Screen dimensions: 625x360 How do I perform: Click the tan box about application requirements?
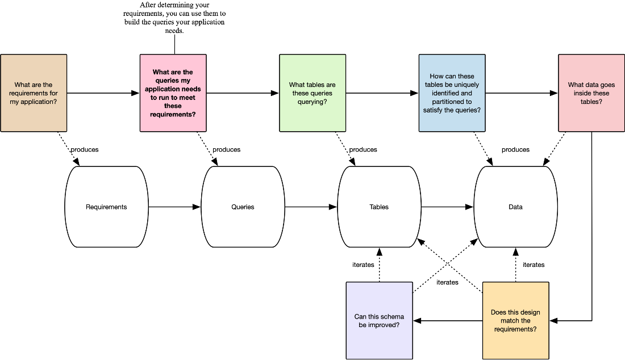click(34, 93)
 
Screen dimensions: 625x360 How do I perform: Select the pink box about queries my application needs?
click(173, 93)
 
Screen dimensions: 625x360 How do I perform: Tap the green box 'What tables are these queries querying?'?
click(312, 93)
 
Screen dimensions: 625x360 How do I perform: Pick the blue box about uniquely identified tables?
click(452, 93)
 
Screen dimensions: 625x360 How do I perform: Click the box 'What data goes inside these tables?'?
click(591, 93)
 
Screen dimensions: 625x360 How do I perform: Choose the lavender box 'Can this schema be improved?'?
click(380, 321)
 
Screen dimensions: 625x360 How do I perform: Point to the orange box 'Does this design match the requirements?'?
click(516, 321)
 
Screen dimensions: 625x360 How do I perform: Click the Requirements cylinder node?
click(106, 207)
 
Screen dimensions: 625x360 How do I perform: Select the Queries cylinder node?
click(243, 207)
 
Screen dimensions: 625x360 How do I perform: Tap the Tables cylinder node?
click(379, 207)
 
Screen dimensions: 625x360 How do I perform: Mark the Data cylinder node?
click(515, 207)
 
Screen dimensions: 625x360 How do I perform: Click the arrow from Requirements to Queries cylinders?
click(174, 207)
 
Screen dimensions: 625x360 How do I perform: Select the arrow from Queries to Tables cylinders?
click(311, 207)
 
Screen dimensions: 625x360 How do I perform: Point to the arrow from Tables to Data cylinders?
click(447, 207)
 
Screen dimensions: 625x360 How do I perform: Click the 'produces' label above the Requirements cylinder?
click(85, 150)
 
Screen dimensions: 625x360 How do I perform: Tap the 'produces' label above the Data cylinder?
click(515, 150)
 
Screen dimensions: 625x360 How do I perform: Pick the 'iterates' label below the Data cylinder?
click(534, 265)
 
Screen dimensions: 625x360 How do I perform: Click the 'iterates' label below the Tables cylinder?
click(363, 265)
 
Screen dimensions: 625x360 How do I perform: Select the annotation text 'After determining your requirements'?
click(174, 9)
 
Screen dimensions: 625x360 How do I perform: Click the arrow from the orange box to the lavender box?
click(448, 321)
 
